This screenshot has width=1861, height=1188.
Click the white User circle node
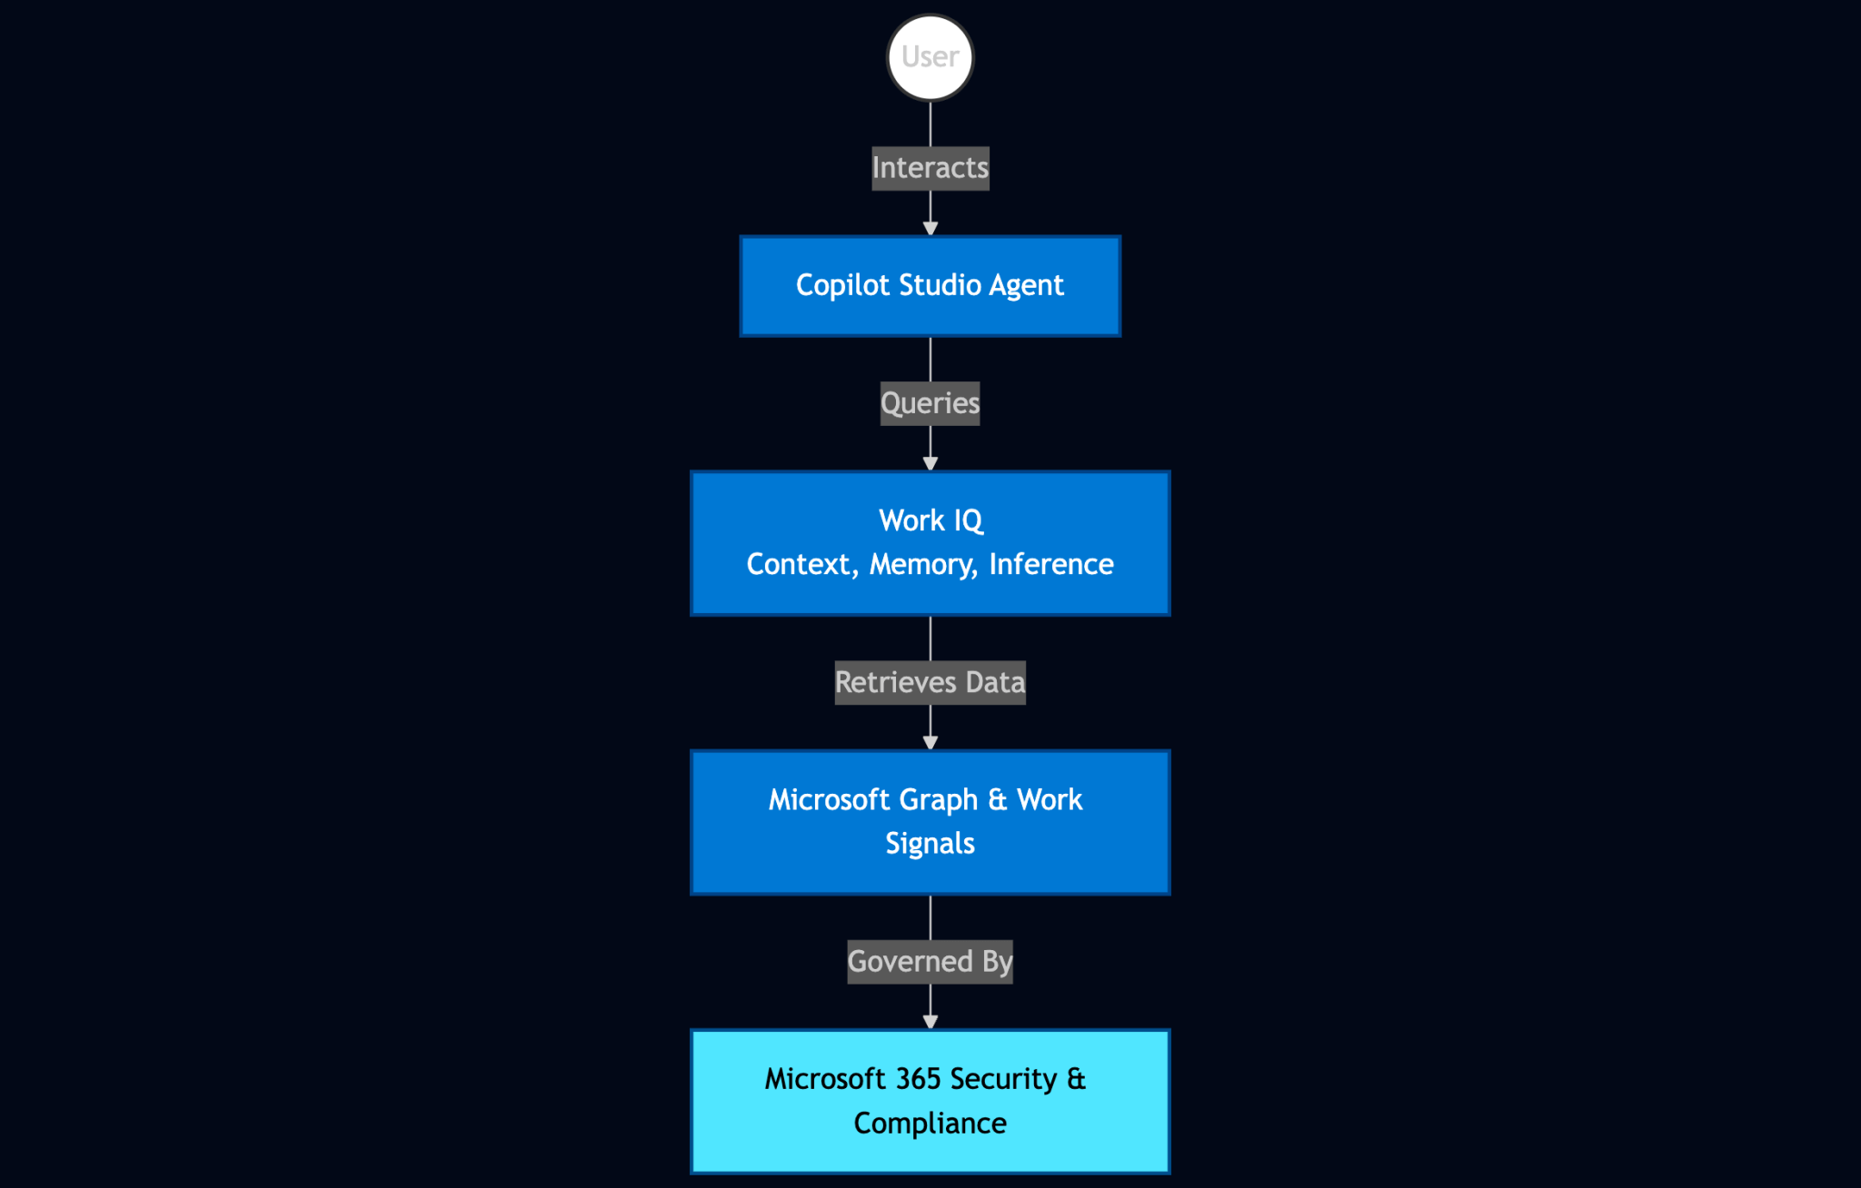(930, 57)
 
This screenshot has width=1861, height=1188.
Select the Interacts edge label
(930, 168)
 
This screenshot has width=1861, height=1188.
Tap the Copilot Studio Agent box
(930, 286)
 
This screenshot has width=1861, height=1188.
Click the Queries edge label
(930, 403)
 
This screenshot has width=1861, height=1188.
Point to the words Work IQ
(930, 520)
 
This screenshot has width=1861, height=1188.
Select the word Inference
(1050, 565)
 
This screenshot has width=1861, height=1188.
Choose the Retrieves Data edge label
(930, 682)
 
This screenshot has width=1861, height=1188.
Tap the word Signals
(930, 844)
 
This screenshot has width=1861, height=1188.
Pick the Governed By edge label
(930, 962)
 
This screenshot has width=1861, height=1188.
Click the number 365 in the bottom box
(918, 1079)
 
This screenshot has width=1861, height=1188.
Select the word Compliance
(930, 1124)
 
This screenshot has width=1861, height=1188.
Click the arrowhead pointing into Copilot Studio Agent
(930, 229)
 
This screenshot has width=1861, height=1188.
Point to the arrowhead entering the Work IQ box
(930, 463)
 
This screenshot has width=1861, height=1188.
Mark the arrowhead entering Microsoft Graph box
(930, 743)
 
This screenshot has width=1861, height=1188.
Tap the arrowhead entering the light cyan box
(930, 1022)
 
